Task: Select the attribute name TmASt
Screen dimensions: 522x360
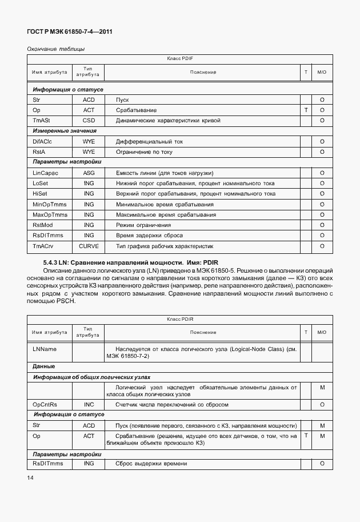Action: pos(42,121)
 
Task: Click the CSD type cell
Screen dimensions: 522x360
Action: pos(89,121)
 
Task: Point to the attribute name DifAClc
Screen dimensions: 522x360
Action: pos(43,141)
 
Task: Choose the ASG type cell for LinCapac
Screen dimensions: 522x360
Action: pos(89,173)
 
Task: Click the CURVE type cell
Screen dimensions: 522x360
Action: pos(89,246)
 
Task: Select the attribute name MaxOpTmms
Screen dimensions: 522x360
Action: pos(50,214)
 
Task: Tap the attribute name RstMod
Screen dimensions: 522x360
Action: pos(43,225)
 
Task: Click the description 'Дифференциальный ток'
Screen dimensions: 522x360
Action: pos(149,141)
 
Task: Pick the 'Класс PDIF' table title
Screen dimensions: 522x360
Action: pos(180,59)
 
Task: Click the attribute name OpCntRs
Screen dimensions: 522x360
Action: pos(46,404)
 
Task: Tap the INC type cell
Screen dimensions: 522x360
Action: pos(89,404)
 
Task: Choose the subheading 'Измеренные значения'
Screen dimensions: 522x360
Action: pos(59,131)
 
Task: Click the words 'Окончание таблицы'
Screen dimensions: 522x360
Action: pos(56,49)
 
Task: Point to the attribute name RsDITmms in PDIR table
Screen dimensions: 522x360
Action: pos(49,464)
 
